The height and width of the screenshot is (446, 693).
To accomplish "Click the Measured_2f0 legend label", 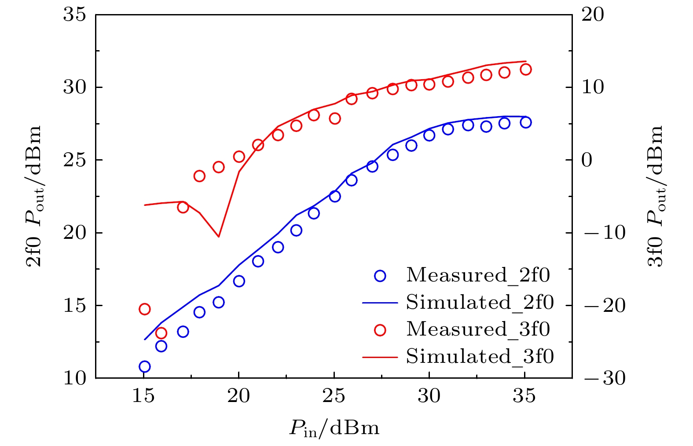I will (x=478, y=275).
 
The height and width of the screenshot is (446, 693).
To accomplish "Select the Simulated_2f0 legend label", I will (x=480, y=303).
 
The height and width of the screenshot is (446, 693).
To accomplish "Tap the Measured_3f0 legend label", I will (x=478, y=329).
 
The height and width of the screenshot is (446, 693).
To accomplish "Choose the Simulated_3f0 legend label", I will (x=480, y=356).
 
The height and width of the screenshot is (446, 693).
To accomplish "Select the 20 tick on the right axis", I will (x=593, y=15).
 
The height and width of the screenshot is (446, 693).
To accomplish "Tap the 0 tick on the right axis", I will (x=587, y=160).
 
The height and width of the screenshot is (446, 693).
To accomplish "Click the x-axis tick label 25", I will (x=334, y=396).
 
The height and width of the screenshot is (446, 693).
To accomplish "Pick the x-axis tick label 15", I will (x=143, y=396).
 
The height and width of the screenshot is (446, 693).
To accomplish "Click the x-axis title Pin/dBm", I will (x=334, y=428).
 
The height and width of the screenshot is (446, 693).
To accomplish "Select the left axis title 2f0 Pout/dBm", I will (x=34, y=196).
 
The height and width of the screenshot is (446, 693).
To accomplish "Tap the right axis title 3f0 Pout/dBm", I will (x=656, y=196).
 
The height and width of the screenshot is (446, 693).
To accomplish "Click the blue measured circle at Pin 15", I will (x=144, y=366).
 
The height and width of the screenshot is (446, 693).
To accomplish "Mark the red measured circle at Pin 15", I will (x=144, y=309).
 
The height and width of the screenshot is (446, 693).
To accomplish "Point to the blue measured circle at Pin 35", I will (x=526, y=122).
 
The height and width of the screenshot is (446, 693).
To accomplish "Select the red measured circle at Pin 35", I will (x=526, y=69).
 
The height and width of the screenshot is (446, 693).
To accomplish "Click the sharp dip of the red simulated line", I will (x=219, y=237).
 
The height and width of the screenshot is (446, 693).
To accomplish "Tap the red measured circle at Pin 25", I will (x=335, y=118).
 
